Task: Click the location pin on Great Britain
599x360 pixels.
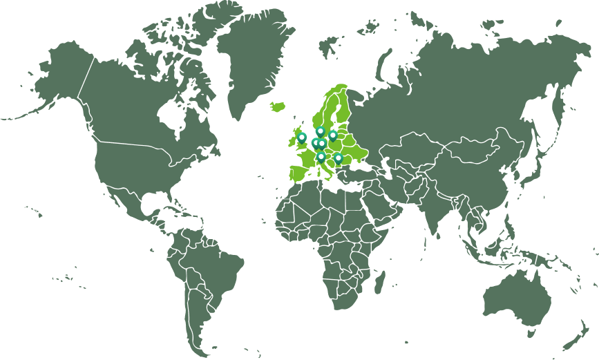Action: [x=302, y=137]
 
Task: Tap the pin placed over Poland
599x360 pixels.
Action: [x=332, y=135]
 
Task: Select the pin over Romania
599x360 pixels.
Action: [x=338, y=158]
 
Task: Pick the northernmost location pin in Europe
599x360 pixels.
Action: [x=321, y=131]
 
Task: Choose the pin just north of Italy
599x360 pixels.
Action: [x=321, y=157]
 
